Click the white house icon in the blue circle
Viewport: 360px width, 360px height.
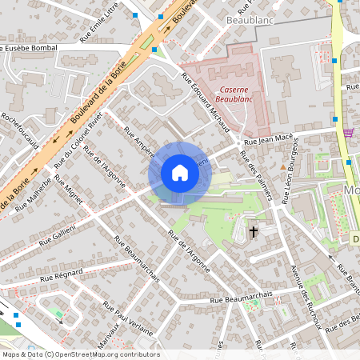pyautogui.click(x=180, y=173)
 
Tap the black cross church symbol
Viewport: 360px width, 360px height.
pyautogui.click(x=254, y=232)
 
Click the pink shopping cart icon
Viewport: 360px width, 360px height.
pyautogui.click(x=348, y=133)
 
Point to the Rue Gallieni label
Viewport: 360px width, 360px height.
pyautogui.click(x=57, y=234)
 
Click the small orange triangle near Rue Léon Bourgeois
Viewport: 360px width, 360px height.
pyautogui.click(x=282, y=166)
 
